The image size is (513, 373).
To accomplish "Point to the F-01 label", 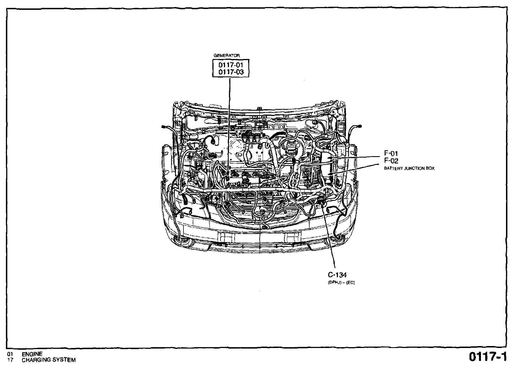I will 391,153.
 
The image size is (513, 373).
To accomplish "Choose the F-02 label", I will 391,161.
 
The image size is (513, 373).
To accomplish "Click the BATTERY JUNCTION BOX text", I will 409,169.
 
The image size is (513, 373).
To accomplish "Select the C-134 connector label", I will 337,275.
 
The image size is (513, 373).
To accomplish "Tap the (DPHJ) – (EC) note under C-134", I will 341,283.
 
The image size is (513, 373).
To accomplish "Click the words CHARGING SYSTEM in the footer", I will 49,360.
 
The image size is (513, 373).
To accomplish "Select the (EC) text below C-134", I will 350,283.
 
